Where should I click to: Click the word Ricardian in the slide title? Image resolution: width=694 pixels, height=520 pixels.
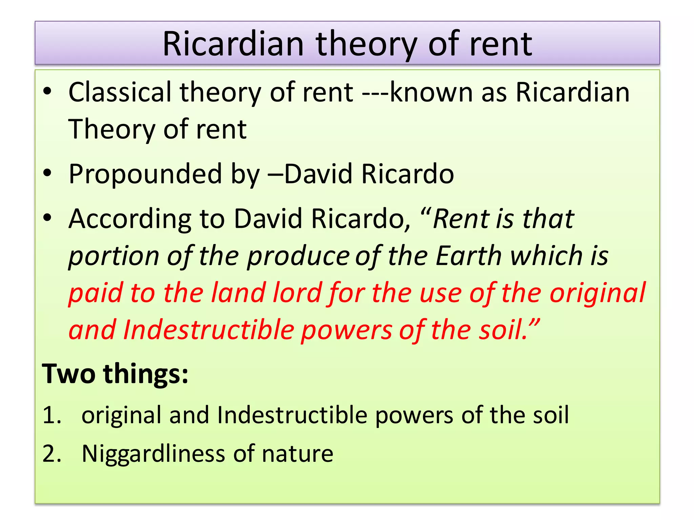233,44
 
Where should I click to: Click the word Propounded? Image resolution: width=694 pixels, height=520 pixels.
145,174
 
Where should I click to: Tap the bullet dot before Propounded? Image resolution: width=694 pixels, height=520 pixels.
48,173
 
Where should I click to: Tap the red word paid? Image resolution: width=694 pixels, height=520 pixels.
95,293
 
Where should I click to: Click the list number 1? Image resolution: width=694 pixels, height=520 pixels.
51,415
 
